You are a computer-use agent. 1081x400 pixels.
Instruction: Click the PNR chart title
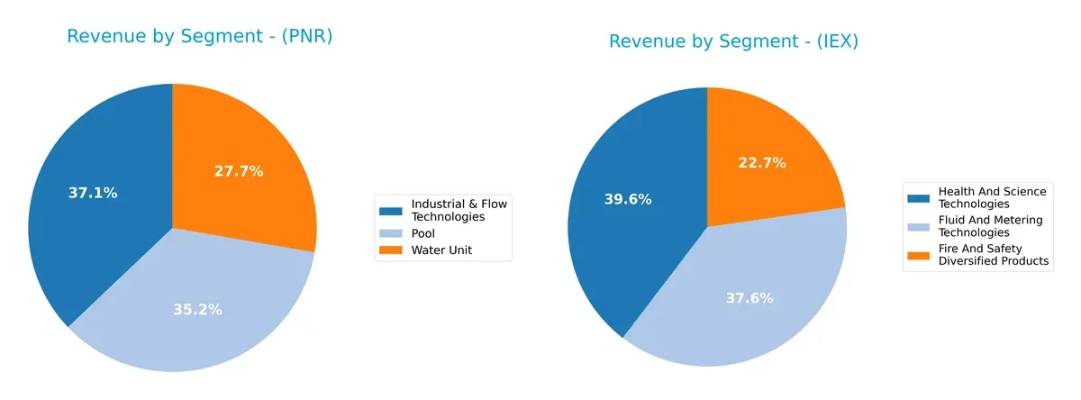[x=199, y=37]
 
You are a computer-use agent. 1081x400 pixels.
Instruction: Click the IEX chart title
[x=733, y=41]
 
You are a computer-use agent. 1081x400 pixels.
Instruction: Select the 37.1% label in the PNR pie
[x=93, y=193]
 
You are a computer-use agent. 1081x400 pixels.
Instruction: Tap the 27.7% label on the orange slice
[x=239, y=171]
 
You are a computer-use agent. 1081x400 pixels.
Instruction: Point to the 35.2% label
[x=197, y=310]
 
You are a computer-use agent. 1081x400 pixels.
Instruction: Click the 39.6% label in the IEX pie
[x=628, y=199]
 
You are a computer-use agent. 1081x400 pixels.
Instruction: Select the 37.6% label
[x=749, y=298]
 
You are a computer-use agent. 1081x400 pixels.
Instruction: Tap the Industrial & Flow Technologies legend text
[x=459, y=210]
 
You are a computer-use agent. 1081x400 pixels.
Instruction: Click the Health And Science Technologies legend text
[x=992, y=197]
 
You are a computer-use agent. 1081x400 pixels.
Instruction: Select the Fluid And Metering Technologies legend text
[x=990, y=226]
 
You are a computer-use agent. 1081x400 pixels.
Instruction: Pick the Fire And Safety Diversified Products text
[x=993, y=255]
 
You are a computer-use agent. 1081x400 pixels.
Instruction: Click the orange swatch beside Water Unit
[x=391, y=251]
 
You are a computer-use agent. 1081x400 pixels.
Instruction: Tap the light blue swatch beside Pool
[x=391, y=234]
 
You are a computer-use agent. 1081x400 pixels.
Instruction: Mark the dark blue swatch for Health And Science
[x=919, y=197]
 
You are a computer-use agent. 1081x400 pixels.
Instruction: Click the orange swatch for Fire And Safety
[x=919, y=255]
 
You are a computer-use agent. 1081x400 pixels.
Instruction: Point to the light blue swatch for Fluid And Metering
[x=919, y=226]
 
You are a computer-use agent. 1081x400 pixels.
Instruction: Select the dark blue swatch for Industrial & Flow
[x=391, y=210]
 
